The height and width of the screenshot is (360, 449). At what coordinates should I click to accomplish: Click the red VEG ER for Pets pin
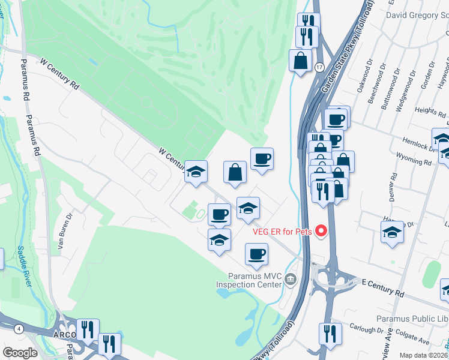coord(321,230)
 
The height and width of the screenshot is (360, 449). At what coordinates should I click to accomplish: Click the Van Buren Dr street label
coord(65,230)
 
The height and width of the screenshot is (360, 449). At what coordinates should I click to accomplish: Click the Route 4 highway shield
coord(20,328)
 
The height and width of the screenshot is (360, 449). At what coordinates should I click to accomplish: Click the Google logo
coord(20,352)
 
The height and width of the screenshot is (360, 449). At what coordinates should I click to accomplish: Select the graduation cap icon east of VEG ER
coord(392,232)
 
